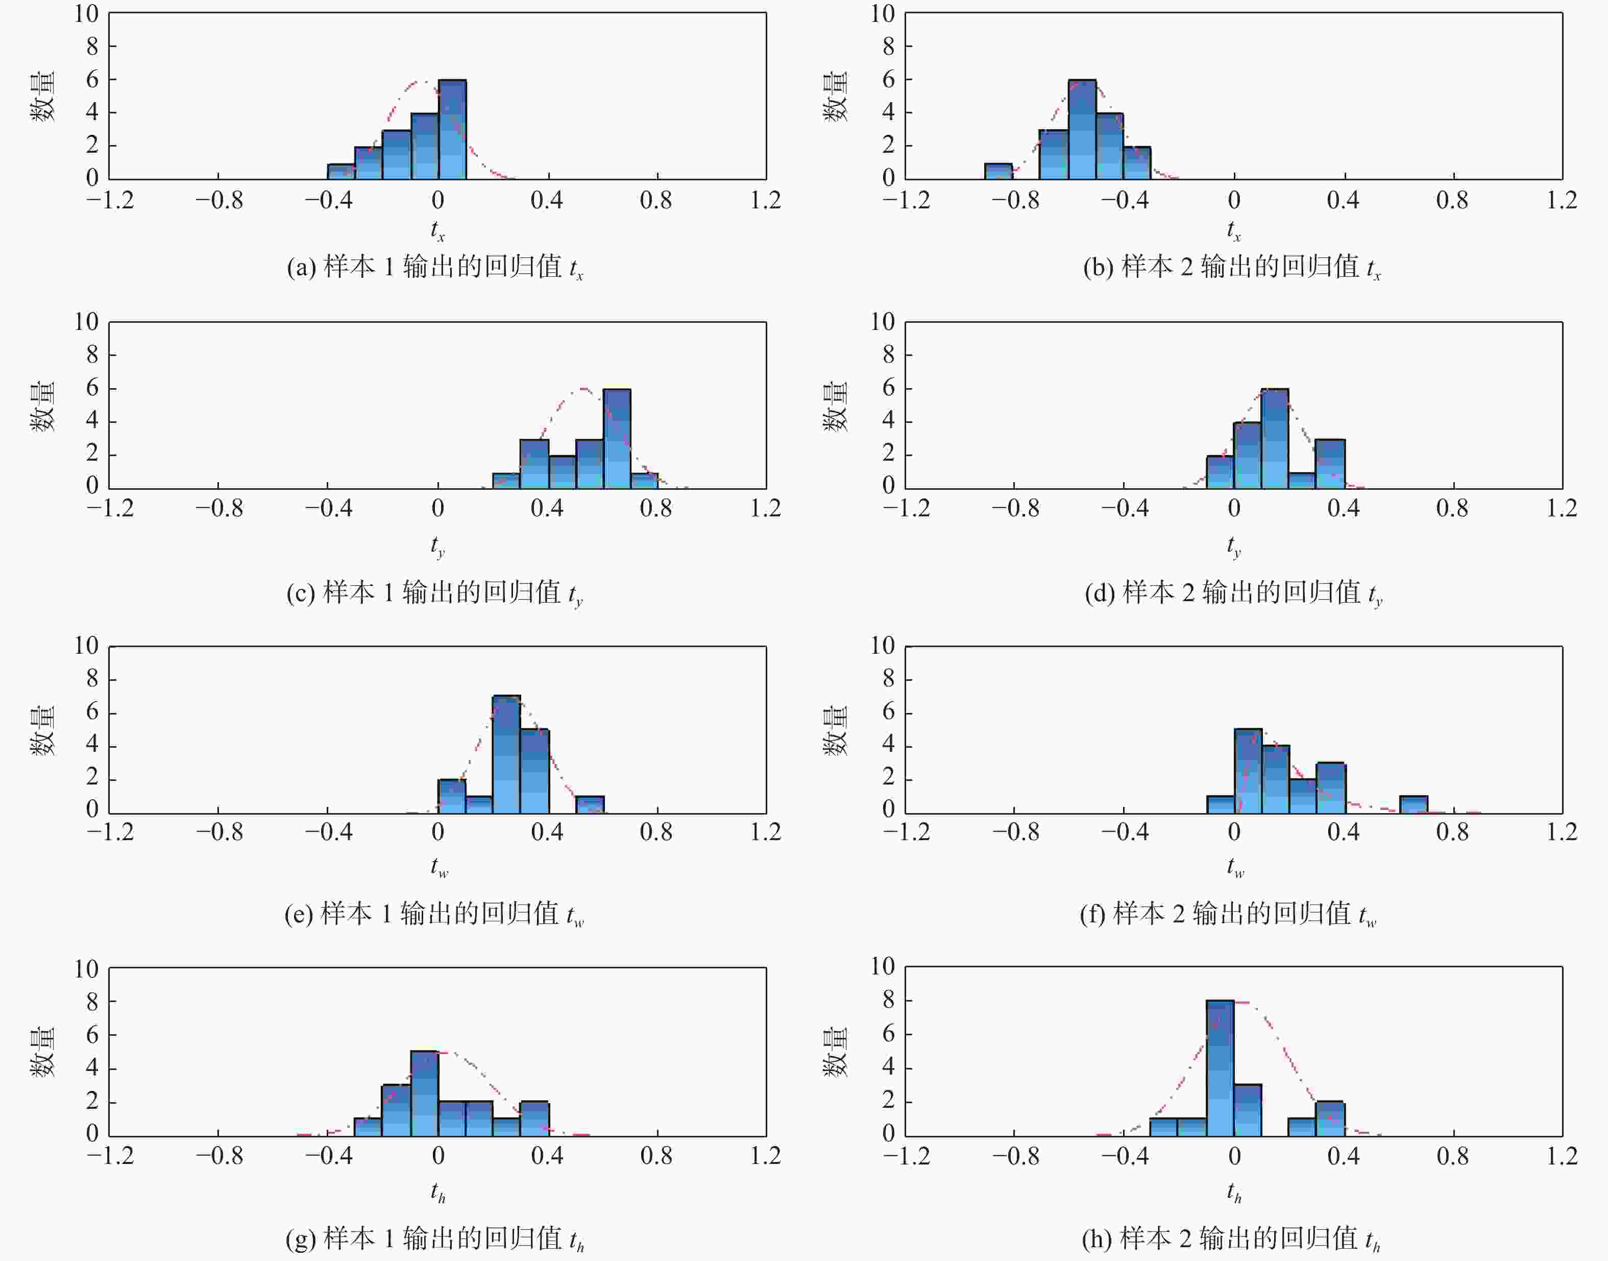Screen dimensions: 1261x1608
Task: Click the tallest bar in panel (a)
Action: (x=452, y=129)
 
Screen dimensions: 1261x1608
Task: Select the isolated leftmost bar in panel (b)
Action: (x=998, y=171)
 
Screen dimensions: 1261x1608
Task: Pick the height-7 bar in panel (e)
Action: (x=506, y=754)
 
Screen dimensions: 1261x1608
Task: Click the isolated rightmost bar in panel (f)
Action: (x=1413, y=805)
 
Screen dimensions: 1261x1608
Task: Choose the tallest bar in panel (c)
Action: (x=617, y=439)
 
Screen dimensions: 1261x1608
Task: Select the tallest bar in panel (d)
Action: (x=1275, y=439)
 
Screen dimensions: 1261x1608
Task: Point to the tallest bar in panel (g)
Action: (x=424, y=1093)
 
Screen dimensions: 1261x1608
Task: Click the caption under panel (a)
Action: (x=435, y=267)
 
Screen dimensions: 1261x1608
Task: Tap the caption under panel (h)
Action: (x=1231, y=1239)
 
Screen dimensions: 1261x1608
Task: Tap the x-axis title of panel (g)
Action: (x=437, y=1192)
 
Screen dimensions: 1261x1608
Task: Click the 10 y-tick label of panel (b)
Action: (x=883, y=13)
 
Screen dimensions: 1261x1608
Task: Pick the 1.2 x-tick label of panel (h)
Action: (x=1562, y=1157)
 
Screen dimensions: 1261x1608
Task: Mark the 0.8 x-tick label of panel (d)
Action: (x=1452, y=509)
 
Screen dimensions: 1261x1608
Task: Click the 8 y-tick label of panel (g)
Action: (x=92, y=1002)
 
